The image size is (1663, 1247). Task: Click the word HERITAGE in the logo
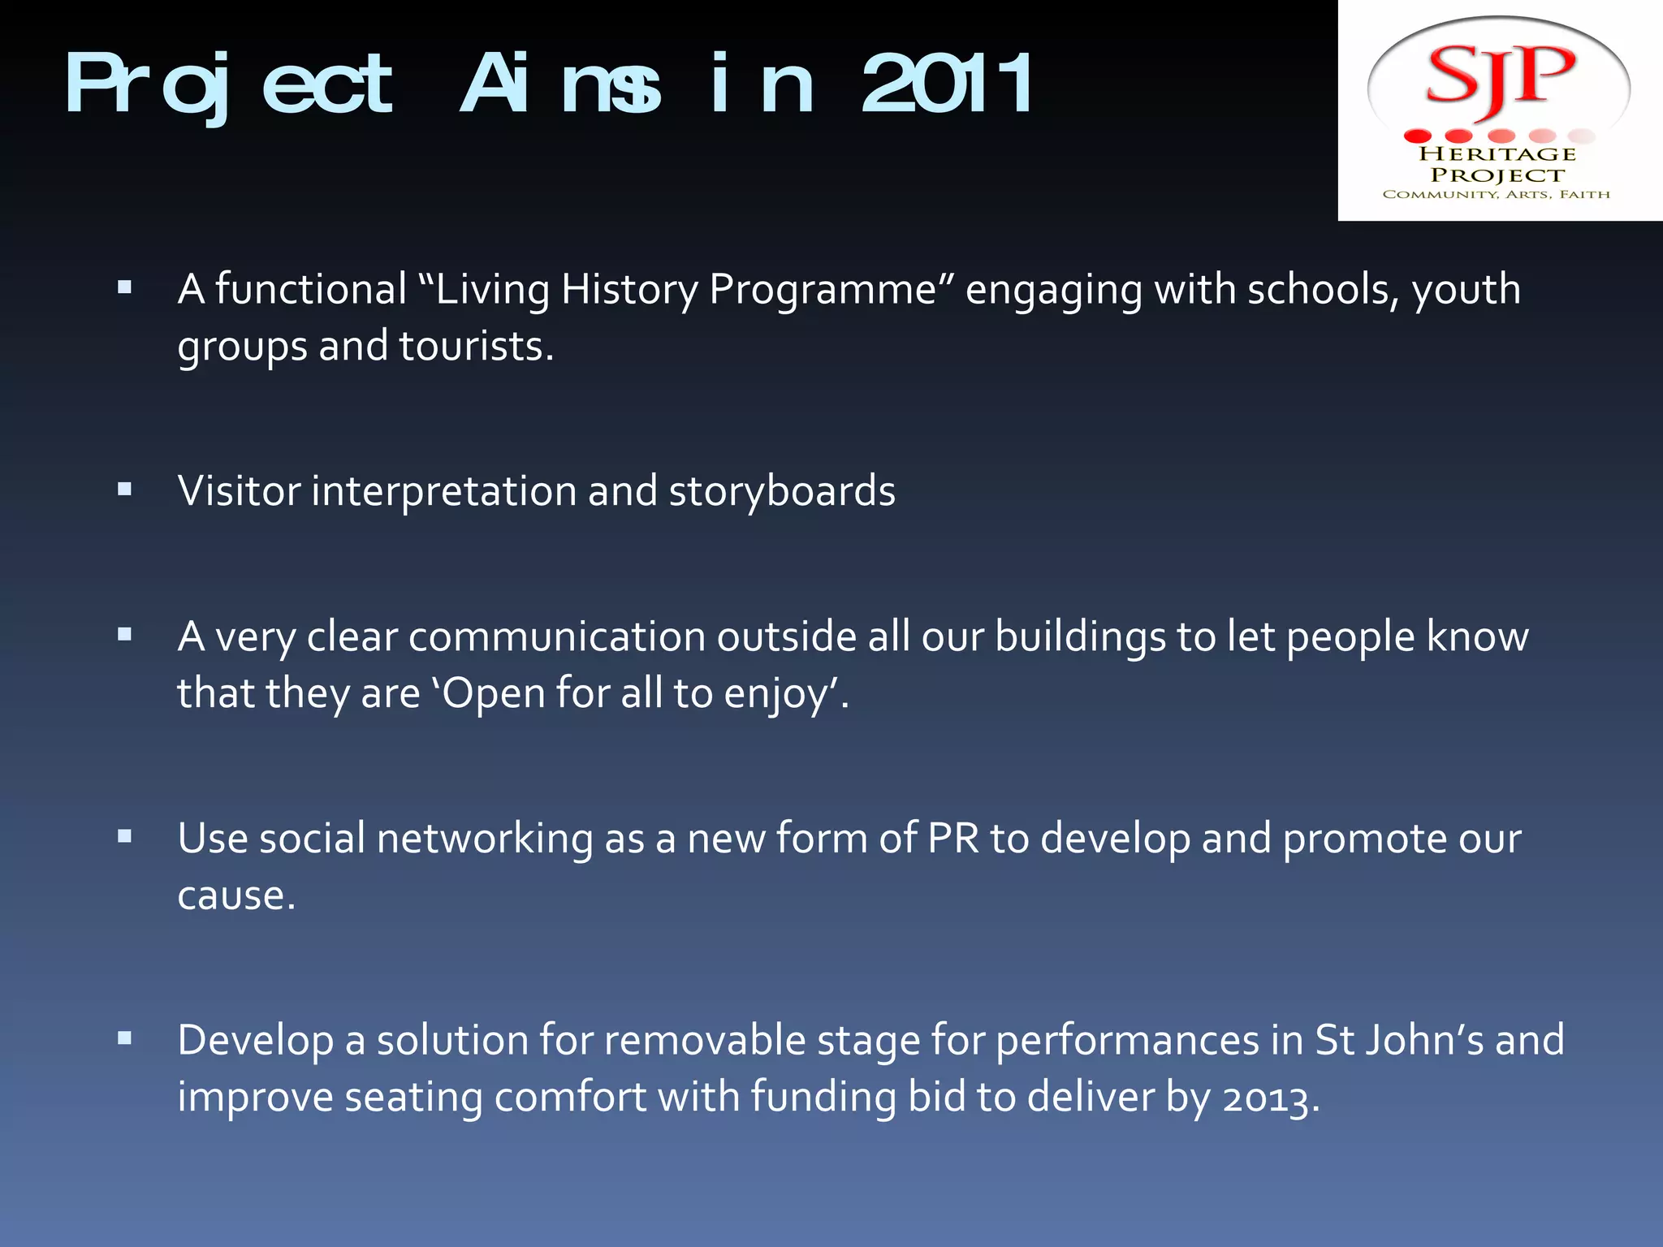tap(1497, 154)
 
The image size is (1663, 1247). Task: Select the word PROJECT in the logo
tap(1497, 175)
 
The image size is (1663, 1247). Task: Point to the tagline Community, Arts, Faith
tap(1496, 195)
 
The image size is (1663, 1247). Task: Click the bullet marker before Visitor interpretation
tap(124, 489)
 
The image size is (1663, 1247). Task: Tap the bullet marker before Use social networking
tap(124, 835)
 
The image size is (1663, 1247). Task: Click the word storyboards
tap(782, 491)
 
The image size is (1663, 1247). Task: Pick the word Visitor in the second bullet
tap(239, 491)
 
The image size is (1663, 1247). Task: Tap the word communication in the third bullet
tap(556, 636)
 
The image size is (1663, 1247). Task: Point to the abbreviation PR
tap(953, 838)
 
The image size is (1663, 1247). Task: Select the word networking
tap(485, 839)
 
